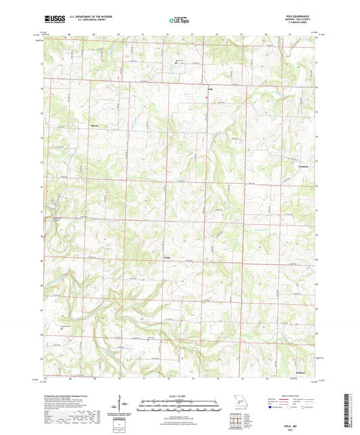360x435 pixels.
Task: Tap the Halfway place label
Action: click(x=302, y=372)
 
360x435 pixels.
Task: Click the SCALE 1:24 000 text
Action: click(x=180, y=396)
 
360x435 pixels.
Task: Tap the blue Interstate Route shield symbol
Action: click(x=271, y=407)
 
